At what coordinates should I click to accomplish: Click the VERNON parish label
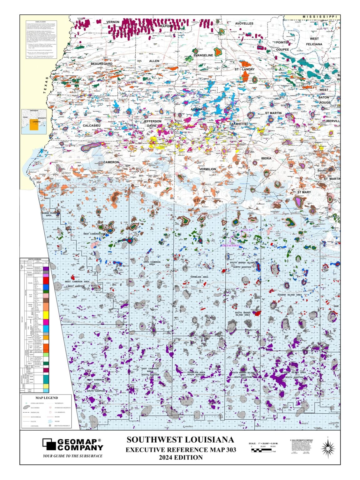113,22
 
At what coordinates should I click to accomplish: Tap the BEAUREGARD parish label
102,64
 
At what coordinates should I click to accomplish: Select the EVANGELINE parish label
203,55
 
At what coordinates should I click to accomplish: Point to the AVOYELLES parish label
244,23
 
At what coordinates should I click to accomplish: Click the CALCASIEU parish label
92,126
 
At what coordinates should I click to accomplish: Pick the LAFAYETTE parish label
238,124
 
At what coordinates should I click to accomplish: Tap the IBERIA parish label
266,158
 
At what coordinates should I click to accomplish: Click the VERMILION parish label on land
207,169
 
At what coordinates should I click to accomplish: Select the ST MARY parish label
304,192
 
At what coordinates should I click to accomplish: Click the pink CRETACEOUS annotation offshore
230,246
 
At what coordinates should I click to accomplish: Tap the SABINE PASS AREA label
48,214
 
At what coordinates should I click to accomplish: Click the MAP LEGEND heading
47,398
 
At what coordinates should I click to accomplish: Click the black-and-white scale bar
261,450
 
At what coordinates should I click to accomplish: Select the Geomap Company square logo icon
49,444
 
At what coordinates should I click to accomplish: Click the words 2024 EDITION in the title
181,457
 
